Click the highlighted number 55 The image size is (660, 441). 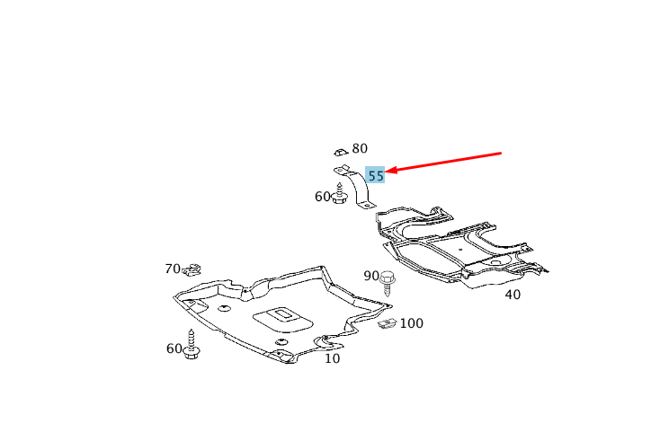(376, 175)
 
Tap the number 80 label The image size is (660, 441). (360, 148)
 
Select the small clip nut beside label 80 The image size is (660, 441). (341, 152)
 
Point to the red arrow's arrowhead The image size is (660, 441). (390, 170)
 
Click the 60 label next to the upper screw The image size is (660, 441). (323, 197)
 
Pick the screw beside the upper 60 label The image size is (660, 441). (339, 193)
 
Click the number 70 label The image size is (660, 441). (173, 269)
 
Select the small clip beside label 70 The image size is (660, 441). (192, 269)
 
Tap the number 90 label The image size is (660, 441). (371, 276)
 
